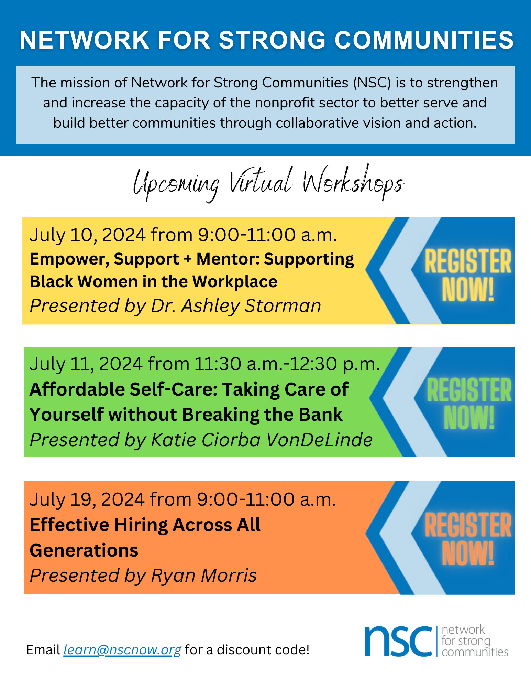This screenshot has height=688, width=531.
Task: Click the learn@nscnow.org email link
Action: [x=122, y=650]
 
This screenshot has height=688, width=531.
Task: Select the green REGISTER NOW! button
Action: [x=469, y=403]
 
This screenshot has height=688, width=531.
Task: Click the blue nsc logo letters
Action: [x=398, y=641]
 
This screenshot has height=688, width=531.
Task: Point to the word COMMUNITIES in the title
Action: [x=424, y=40]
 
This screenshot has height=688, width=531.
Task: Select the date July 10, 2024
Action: [x=87, y=235]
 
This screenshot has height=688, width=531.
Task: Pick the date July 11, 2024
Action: [x=86, y=364]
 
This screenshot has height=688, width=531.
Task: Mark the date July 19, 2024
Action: [x=87, y=499]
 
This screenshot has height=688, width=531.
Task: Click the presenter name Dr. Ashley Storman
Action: [x=236, y=306]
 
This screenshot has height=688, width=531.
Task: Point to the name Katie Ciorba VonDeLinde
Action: [x=262, y=440]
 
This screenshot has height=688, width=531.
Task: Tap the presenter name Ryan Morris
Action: [x=204, y=576]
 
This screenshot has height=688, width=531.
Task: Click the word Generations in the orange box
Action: [x=84, y=550]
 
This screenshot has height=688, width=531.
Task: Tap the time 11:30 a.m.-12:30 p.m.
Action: [x=287, y=364]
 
